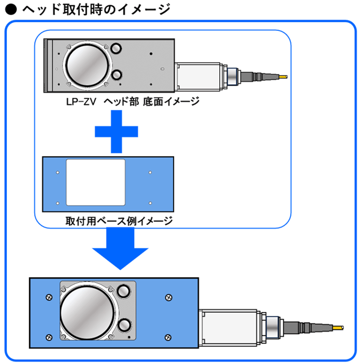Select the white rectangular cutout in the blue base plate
click(96, 182)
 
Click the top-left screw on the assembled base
click(49, 297)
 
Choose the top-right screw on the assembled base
click(168, 297)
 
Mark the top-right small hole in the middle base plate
click(150, 172)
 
